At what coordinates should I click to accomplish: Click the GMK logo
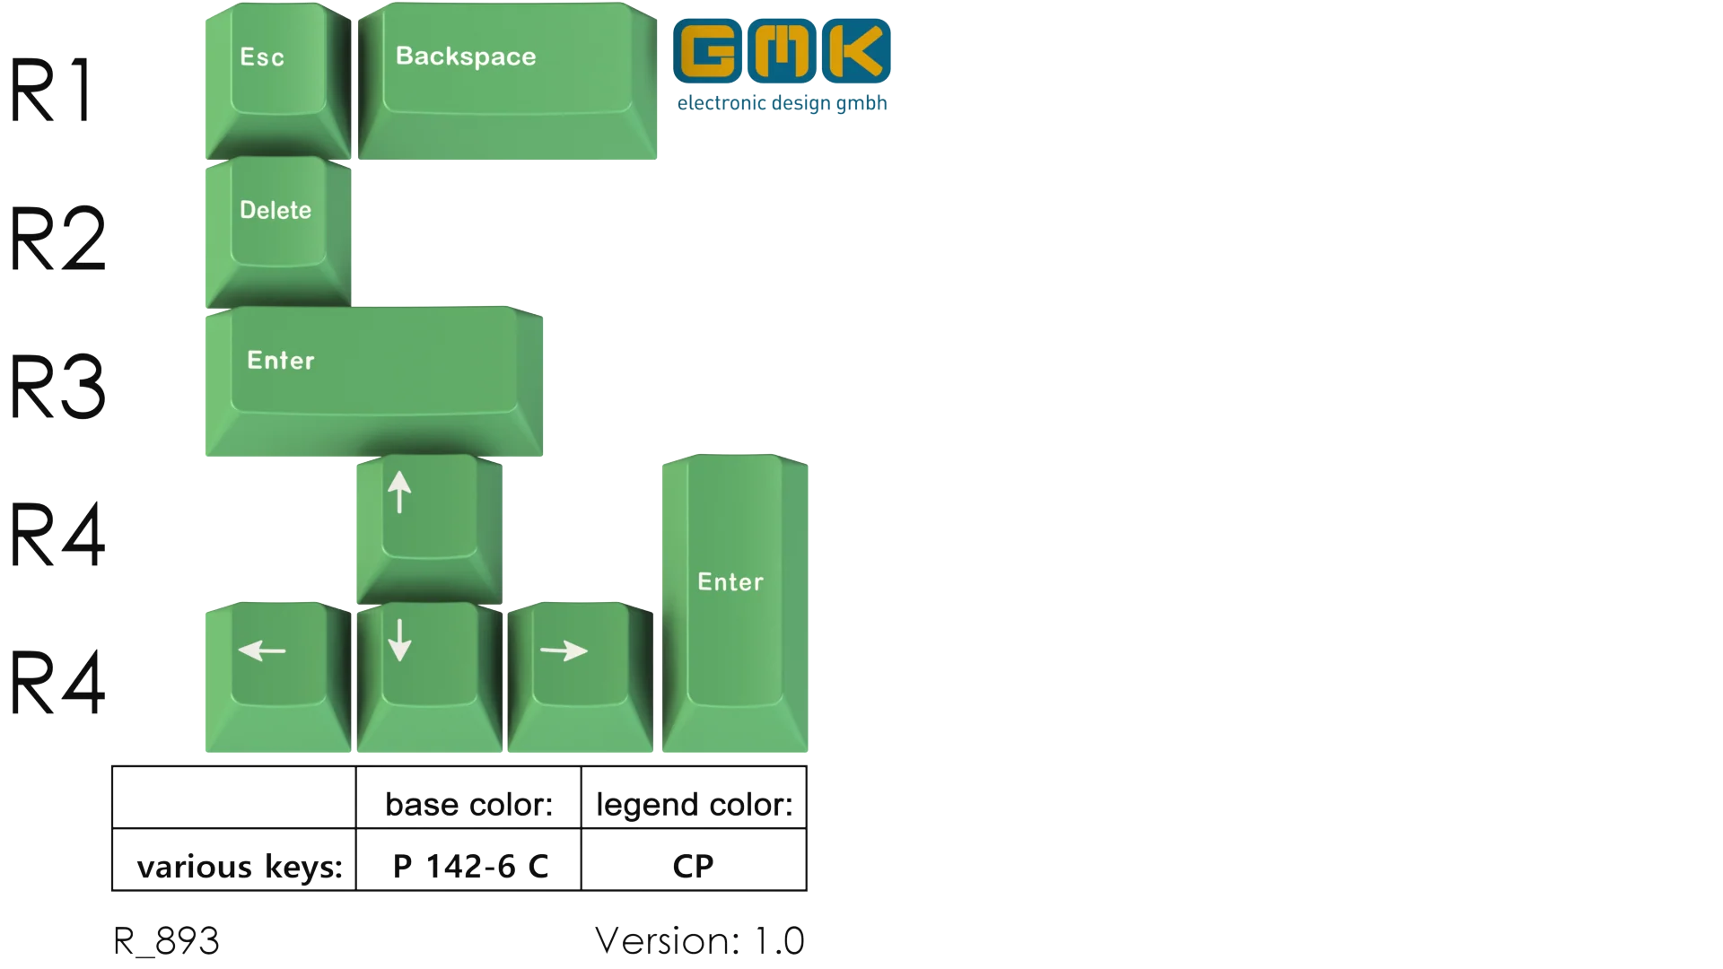pyautogui.click(x=781, y=52)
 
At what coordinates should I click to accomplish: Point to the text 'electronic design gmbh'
pyautogui.click(x=782, y=103)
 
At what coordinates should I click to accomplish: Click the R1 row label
pyautogui.click(x=52, y=90)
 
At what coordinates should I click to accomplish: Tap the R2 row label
pyautogui.click(x=57, y=239)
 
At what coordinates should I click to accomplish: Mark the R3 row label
pyautogui.click(x=57, y=388)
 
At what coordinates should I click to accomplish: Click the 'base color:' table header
pyautogui.click(x=468, y=804)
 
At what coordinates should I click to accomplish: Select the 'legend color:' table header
pyautogui.click(x=695, y=804)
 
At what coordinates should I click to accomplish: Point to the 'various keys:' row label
pyautogui.click(x=240, y=867)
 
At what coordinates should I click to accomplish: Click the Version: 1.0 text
pyautogui.click(x=698, y=940)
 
